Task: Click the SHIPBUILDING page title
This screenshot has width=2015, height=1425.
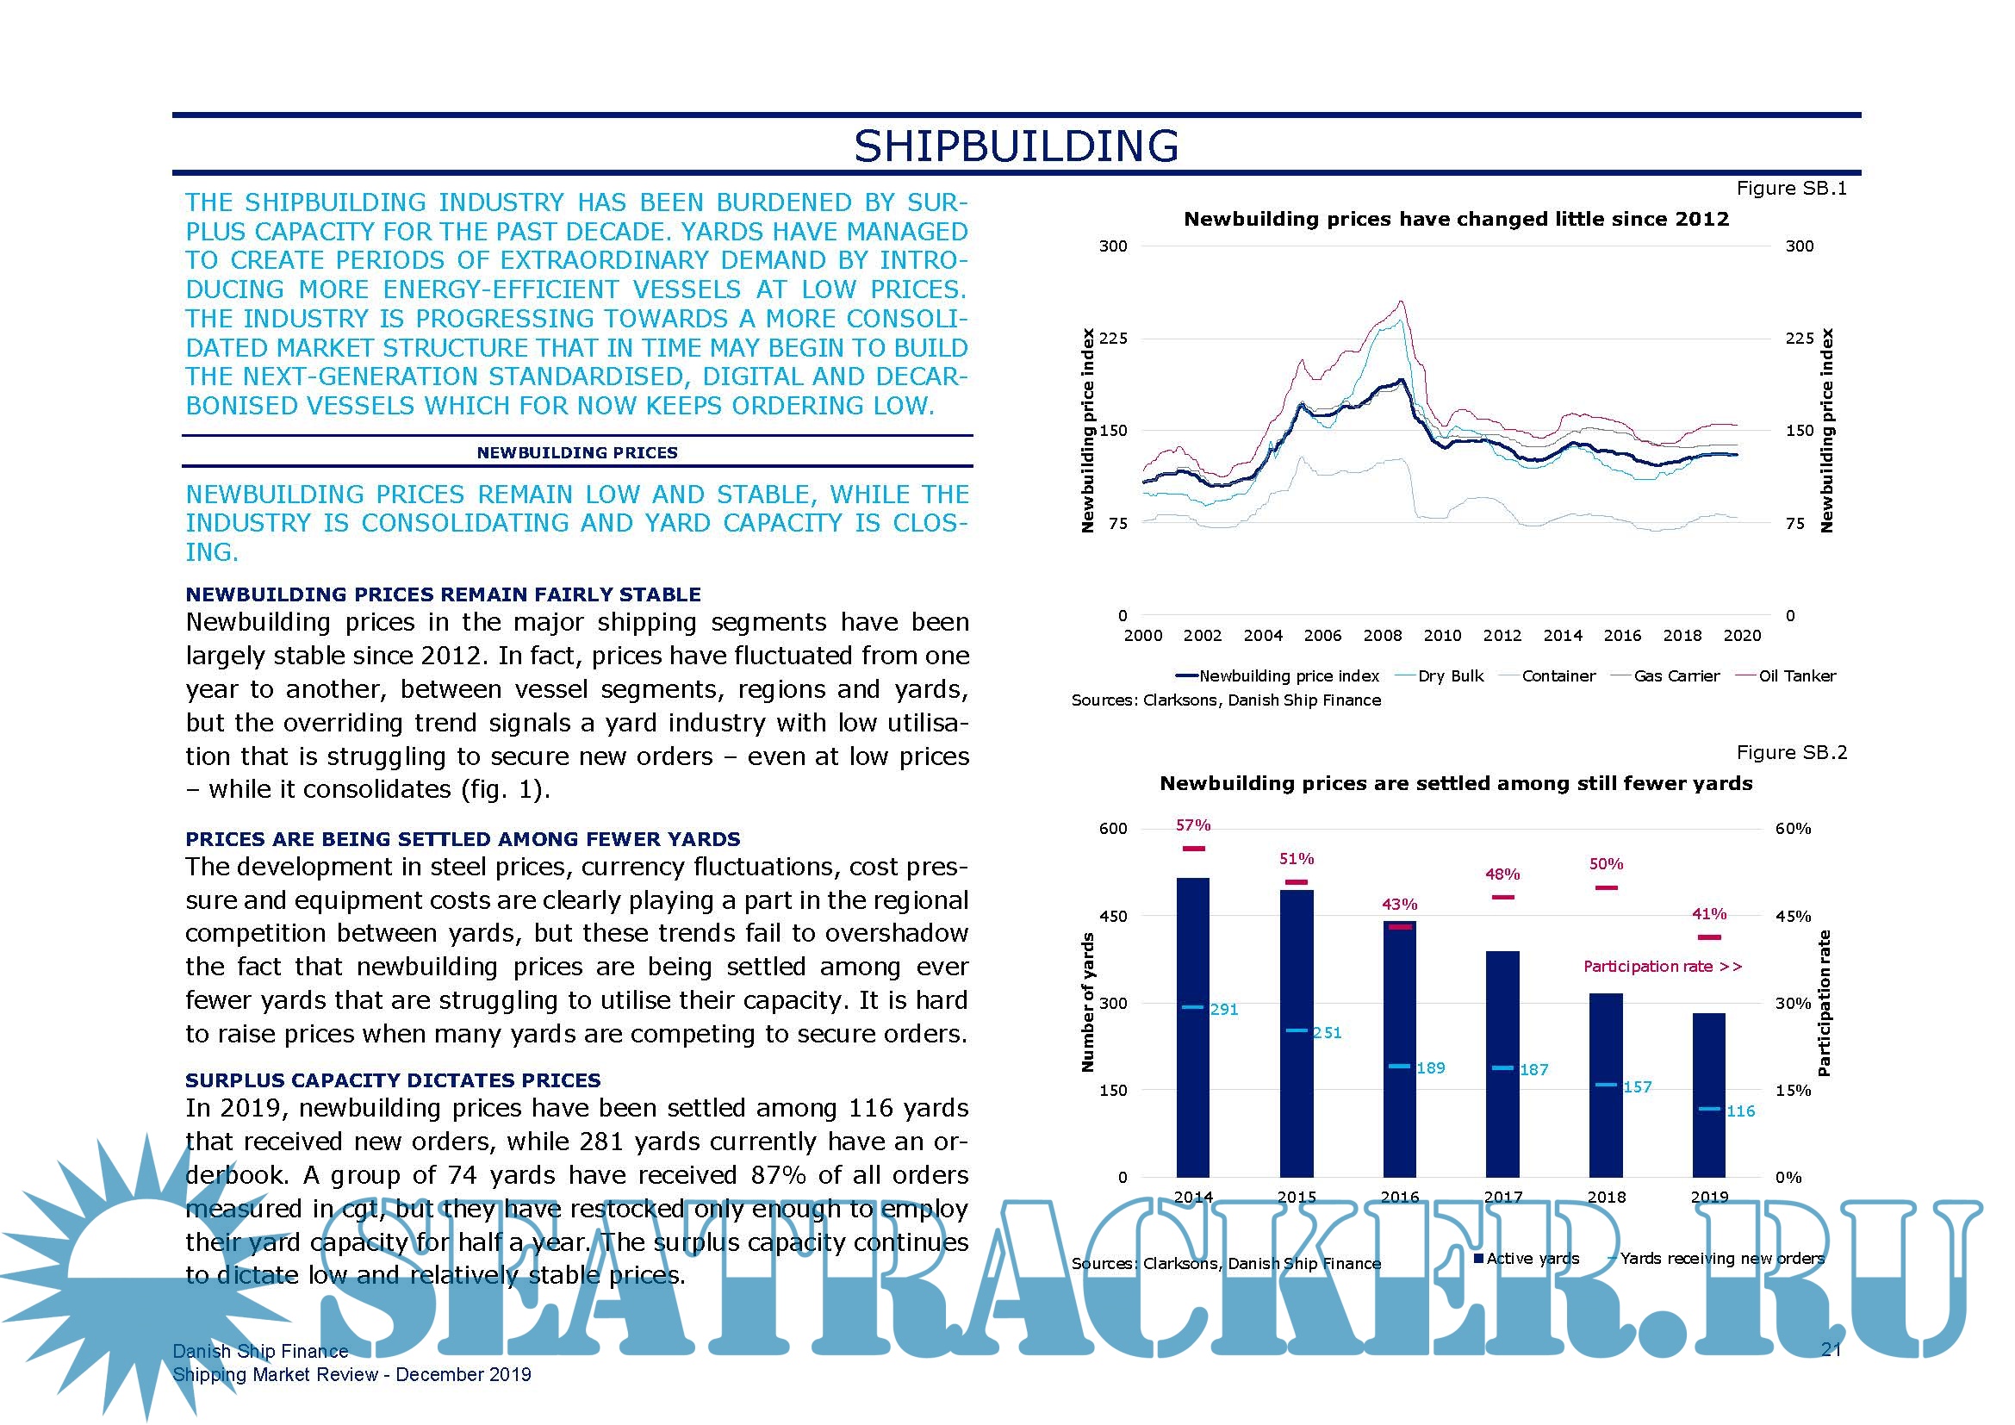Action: coord(1016,146)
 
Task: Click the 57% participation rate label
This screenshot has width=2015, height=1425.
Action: coord(1192,825)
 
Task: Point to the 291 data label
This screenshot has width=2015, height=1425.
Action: coord(1223,1010)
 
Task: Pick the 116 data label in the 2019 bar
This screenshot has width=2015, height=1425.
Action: coord(1740,1111)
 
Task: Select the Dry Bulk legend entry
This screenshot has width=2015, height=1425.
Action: coord(1450,675)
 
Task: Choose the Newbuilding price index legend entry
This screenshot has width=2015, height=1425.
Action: coord(1288,675)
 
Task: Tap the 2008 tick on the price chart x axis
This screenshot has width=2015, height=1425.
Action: coord(1382,635)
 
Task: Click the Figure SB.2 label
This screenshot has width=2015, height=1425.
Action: coord(1791,753)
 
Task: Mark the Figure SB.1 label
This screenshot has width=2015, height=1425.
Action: coord(1791,189)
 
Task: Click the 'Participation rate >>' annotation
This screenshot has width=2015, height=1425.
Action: coord(1662,966)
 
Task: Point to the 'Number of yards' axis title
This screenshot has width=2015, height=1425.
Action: coord(1088,1002)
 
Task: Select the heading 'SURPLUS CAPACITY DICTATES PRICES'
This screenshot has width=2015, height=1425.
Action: coord(392,1080)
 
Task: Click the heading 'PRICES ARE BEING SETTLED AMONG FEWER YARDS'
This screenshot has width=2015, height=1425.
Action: coord(463,839)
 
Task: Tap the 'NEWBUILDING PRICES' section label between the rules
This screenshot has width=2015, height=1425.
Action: coord(576,453)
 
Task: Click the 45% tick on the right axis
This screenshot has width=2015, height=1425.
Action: coord(1793,916)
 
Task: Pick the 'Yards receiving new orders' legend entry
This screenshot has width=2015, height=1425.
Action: coord(1721,1258)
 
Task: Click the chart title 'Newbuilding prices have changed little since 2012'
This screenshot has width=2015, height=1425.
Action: coord(1456,220)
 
